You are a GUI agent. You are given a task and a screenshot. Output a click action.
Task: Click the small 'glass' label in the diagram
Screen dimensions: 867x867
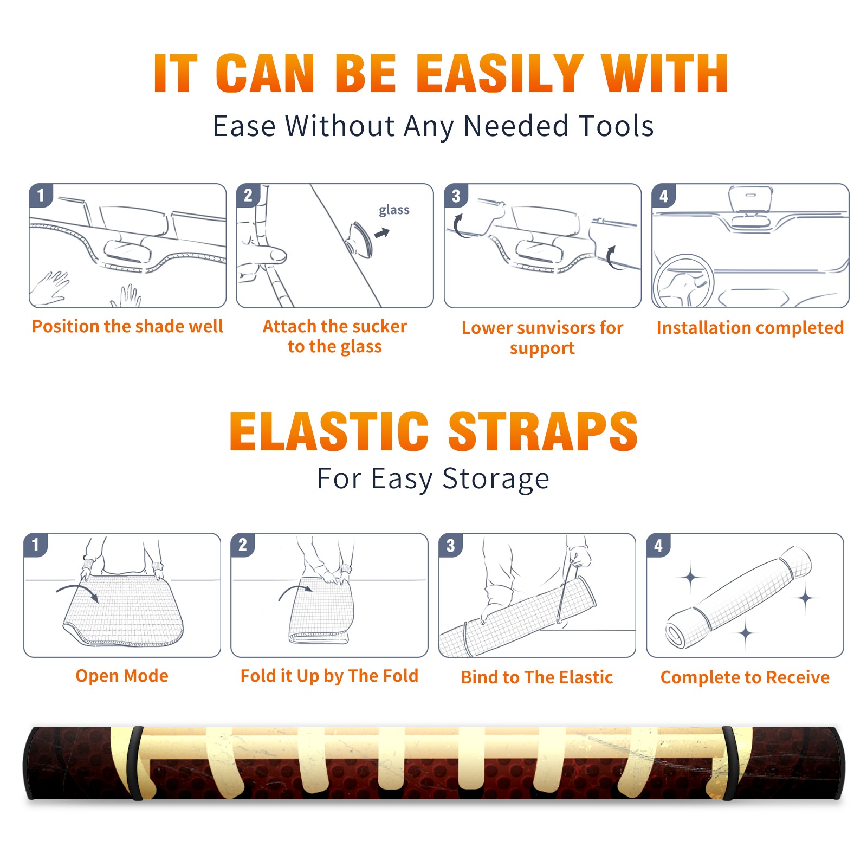pos(394,210)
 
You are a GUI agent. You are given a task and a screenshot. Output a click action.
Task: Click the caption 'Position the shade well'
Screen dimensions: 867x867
pos(127,326)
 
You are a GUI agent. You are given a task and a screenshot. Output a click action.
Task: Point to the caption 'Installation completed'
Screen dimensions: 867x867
pos(750,327)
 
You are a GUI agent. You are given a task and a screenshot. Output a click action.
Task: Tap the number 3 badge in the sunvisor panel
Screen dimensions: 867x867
pos(456,196)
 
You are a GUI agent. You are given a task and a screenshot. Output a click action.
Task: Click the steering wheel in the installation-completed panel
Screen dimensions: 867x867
pos(683,282)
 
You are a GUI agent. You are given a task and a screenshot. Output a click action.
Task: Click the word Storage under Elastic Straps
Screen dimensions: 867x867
pos(496,478)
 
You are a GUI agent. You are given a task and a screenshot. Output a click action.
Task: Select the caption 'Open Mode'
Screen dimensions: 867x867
pos(122,676)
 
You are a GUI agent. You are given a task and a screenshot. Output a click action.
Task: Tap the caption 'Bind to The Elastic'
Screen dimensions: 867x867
pos(537,677)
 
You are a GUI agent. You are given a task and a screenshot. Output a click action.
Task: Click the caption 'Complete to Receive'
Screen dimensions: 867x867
pos(745,677)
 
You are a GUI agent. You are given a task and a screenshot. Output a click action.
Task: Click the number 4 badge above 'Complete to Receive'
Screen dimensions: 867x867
pos(658,545)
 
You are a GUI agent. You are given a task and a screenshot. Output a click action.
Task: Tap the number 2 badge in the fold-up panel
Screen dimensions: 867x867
pos(243,545)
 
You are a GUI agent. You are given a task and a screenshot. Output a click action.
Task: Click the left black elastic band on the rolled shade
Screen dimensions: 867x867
pos(135,763)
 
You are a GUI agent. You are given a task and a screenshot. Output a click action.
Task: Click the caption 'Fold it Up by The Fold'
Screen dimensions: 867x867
pos(329,676)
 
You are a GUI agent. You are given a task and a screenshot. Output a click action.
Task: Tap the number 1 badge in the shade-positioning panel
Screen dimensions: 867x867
pos(41,195)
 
